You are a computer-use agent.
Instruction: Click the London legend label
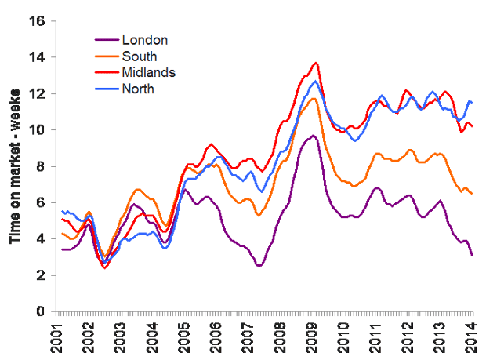tap(145, 39)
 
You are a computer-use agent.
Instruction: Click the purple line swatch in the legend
tap(107, 39)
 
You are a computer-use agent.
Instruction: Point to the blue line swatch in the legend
tap(107, 89)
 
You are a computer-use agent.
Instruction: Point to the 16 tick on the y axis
tap(36, 21)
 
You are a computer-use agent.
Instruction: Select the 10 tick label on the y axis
tap(36, 130)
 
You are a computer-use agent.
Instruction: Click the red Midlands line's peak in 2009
tap(316, 63)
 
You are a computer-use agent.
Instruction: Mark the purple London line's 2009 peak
tap(313, 136)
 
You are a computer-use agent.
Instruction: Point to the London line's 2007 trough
tap(259, 267)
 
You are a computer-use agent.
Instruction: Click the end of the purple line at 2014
tap(472, 255)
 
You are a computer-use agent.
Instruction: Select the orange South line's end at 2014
tap(472, 194)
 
